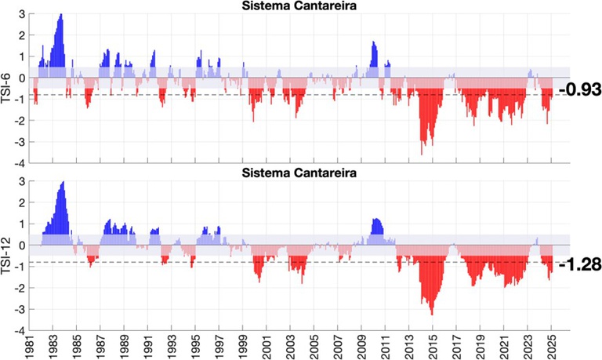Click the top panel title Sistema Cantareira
pos(297,8)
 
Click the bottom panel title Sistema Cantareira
pos(297,173)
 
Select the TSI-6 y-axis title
pos(9,88)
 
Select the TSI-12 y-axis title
pos(9,256)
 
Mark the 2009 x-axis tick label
pos(361,346)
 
